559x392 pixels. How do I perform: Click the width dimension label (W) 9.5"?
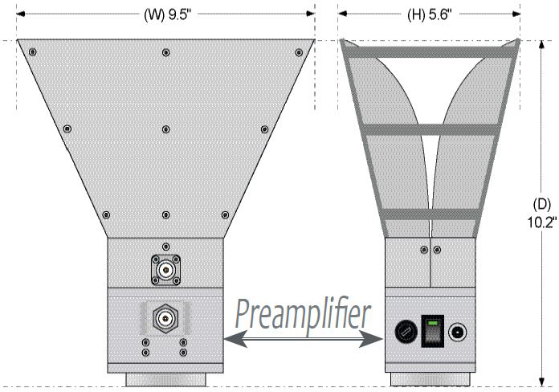(x=165, y=14)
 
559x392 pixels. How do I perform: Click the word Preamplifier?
(x=303, y=313)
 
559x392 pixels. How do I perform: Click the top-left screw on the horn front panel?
(x=32, y=52)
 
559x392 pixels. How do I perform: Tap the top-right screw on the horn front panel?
(x=298, y=52)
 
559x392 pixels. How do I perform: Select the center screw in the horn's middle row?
(x=165, y=129)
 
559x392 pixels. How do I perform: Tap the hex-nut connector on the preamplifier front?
(x=165, y=319)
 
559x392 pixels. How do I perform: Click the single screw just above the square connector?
(x=165, y=247)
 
